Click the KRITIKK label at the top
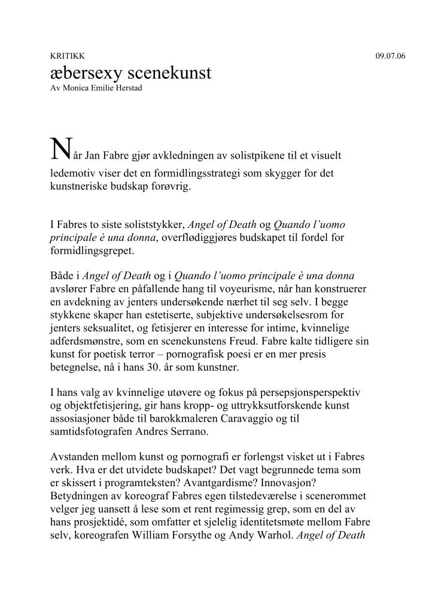63,56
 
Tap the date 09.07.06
390,56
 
